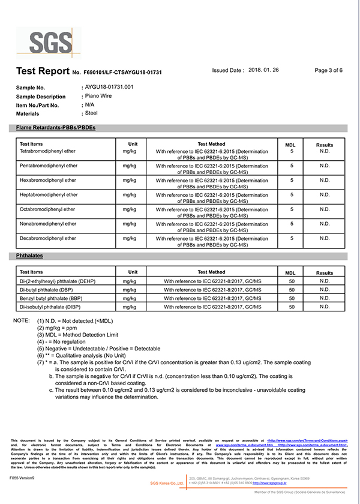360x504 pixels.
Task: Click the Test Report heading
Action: [x=42, y=71]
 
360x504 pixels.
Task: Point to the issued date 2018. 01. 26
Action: [x=263, y=70]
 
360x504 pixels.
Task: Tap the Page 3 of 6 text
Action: [x=328, y=70]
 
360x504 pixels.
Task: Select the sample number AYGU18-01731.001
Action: [x=109, y=87]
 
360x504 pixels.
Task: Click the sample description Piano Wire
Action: [x=99, y=95]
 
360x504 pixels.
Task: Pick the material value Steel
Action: [x=91, y=112]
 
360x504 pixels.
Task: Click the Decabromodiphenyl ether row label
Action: [x=48, y=238]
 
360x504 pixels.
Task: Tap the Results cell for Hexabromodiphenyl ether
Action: [x=325, y=180]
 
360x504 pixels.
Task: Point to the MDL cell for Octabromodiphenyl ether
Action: [x=291, y=209]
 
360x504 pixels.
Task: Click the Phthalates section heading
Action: [x=29, y=256]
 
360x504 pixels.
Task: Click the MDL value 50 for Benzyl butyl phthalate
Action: [x=292, y=298]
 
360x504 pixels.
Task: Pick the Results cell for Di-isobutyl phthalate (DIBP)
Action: [x=325, y=307]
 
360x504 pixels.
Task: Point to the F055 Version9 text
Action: [x=23, y=478]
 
